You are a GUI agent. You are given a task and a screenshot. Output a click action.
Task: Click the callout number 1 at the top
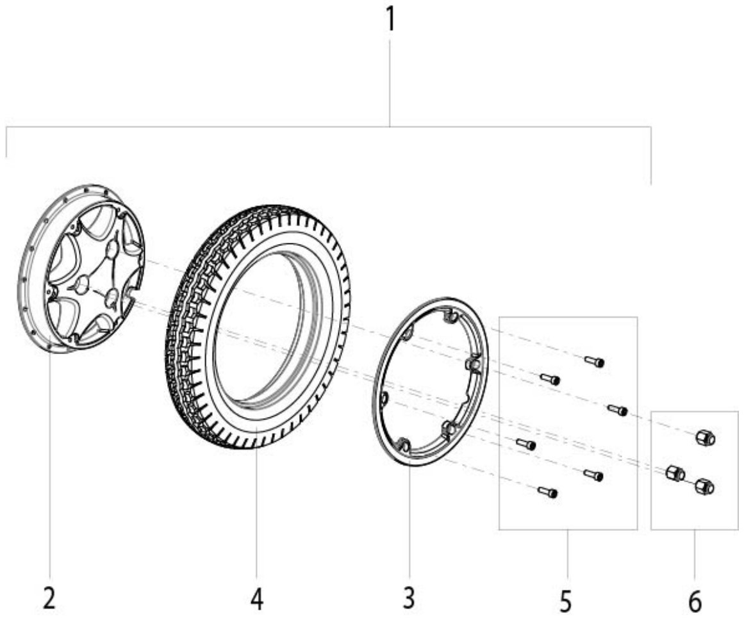click(x=390, y=19)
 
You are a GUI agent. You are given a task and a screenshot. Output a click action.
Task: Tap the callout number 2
click(x=49, y=598)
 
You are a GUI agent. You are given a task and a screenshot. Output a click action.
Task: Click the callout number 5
click(x=565, y=601)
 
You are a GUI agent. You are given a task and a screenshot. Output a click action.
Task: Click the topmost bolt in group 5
click(x=594, y=361)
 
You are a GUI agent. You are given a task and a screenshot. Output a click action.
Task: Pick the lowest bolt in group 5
click(x=548, y=492)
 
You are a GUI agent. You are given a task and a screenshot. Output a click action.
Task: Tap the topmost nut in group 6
click(x=705, y=437)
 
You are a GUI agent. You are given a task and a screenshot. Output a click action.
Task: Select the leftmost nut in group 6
click(x=675, y=473)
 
